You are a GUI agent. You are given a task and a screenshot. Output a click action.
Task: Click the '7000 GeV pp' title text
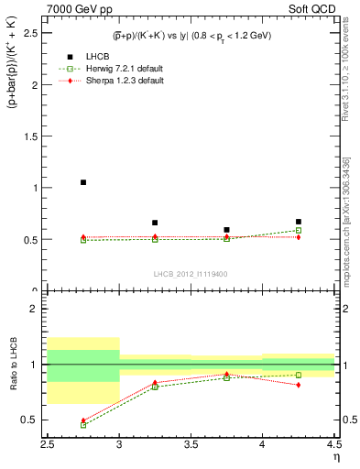[x=75, y=9]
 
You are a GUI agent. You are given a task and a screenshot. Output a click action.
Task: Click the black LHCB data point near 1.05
[x=83, y=182]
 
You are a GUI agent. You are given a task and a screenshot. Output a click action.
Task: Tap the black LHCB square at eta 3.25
[x=155, y=223]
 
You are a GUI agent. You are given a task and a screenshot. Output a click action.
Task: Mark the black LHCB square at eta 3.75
[x=226, y=230]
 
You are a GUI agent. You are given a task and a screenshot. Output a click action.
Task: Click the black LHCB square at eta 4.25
[x=299, y=222]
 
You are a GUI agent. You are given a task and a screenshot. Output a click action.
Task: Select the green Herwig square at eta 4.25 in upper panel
[x=299, y=230]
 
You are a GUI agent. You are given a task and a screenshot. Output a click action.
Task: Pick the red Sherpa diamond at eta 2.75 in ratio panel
[x=83, y=420]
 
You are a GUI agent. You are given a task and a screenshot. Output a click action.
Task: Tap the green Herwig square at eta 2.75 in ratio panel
[x=83, y=425]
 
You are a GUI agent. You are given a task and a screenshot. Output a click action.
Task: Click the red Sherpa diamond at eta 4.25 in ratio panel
[x=299, y=385]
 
